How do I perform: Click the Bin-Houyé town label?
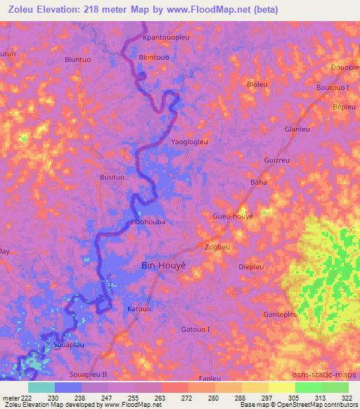(x=163, y=266)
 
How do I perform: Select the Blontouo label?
(x=155, y=57)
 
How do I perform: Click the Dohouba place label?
(x=150, y=221)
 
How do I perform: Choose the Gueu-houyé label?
(x=233, y=217)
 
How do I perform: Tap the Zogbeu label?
(x=218, y=247)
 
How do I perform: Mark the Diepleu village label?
(x=251, y=266)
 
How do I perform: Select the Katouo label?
(x=139, y=309)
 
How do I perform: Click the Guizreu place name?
(x=276, y=160)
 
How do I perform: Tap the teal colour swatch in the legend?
(x=41, y=387)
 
